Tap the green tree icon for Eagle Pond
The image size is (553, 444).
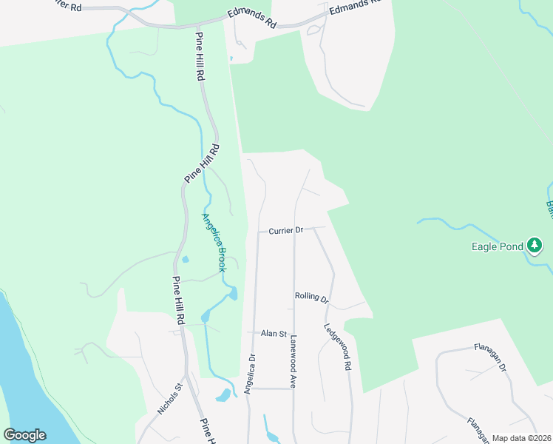(535, 245)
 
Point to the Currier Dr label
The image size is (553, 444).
(286, 230)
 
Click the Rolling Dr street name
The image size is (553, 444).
(311, 297)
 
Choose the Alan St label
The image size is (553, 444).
(273, 334)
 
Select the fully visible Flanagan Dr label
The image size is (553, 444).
(490, 356)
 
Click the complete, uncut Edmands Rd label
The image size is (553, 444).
(252, 19)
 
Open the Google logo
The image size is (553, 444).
(24, 434)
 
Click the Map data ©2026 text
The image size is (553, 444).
(520, 438)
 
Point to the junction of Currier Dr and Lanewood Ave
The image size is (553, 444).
(294, 230)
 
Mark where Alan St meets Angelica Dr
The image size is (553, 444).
(253, 334)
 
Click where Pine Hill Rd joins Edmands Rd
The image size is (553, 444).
(197, 27)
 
